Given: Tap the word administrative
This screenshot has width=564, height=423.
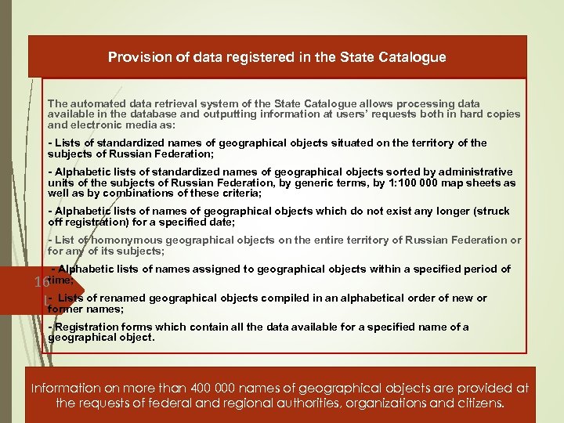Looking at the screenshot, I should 471,172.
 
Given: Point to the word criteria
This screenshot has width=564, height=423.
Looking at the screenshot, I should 240,193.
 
